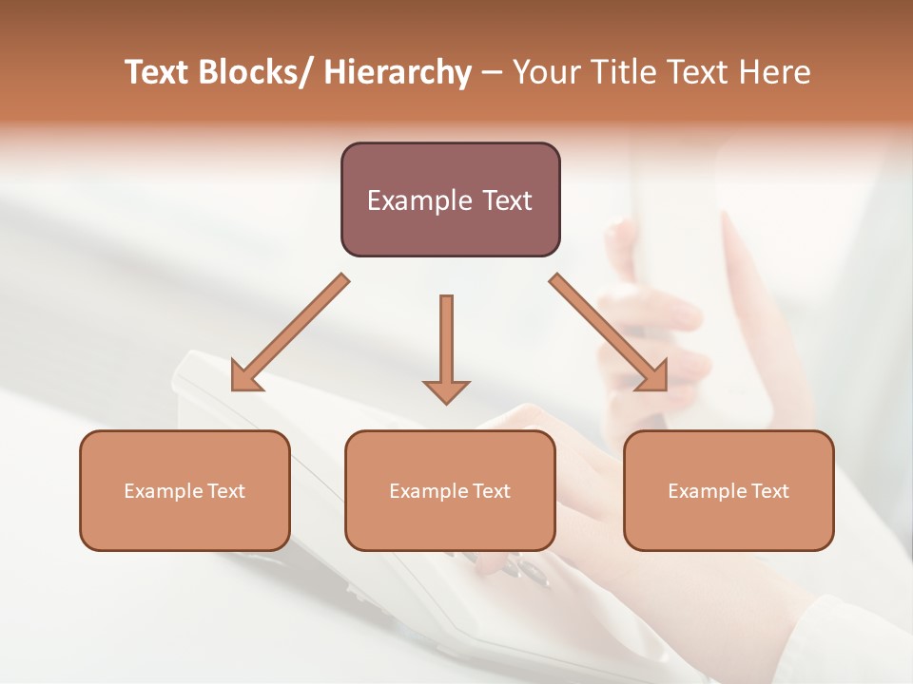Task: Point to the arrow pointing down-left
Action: tap(290, 332)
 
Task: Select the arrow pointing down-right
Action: tap(609, 332)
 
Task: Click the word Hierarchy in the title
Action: tap(398, 73)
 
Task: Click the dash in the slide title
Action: tap(492, 73)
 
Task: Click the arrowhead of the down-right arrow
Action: tap(652, 376)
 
